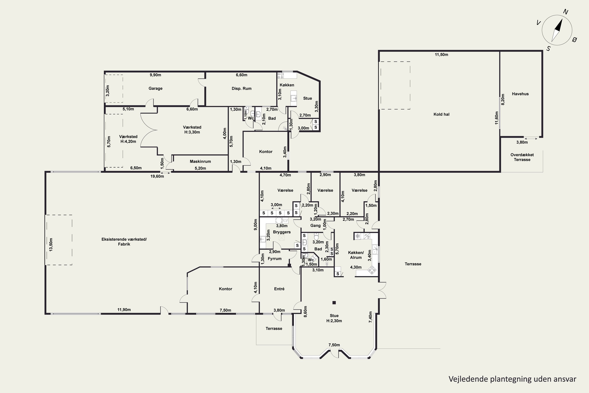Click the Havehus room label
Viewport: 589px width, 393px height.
[520, 94]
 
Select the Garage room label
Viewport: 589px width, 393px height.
[155, 88]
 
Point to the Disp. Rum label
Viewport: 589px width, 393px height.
[241, 88]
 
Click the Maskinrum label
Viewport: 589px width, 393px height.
[200, 161]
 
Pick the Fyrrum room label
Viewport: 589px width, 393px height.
[275, 259]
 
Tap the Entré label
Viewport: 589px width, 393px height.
[279, 289]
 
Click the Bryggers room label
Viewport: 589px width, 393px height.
[282, 232]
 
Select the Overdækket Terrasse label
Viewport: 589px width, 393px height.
[522, 157]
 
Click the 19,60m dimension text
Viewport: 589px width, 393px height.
[157, 176]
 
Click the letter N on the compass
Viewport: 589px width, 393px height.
[565, 12]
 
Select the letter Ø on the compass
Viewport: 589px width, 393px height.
[575, 39]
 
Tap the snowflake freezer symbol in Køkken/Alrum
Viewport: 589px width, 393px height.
[358, 236]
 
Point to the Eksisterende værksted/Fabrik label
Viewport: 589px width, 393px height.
[124, 242]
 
